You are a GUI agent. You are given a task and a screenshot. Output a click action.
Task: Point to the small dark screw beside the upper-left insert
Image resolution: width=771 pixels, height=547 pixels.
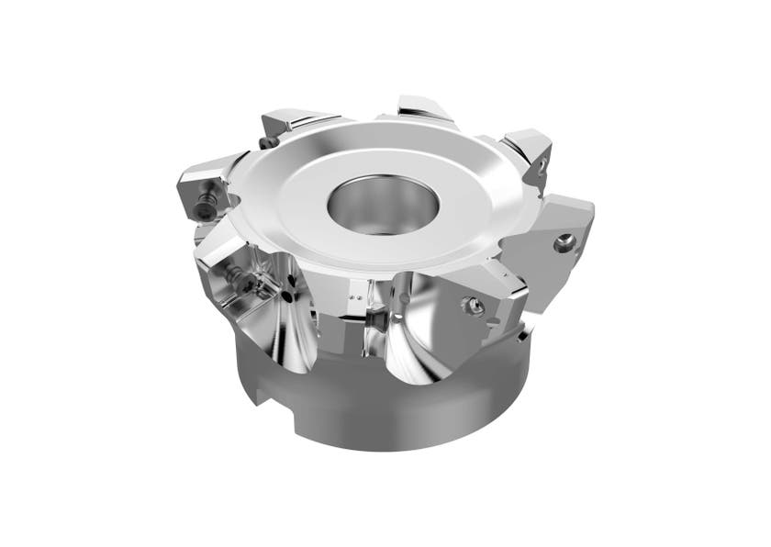tap(267, 142)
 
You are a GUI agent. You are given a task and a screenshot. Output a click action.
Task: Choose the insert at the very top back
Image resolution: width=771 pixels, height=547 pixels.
tap(425, 108)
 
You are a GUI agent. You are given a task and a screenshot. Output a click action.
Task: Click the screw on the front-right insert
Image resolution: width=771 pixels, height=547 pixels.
tap(475, 307)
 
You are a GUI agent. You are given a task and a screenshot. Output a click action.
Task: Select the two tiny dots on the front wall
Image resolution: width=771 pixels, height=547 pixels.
tap(356, 299)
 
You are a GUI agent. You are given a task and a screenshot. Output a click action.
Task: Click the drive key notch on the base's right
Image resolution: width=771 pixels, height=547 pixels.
tap(523, 336)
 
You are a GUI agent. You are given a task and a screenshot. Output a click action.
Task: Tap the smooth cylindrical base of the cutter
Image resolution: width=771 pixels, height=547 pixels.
tap(385, 413)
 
